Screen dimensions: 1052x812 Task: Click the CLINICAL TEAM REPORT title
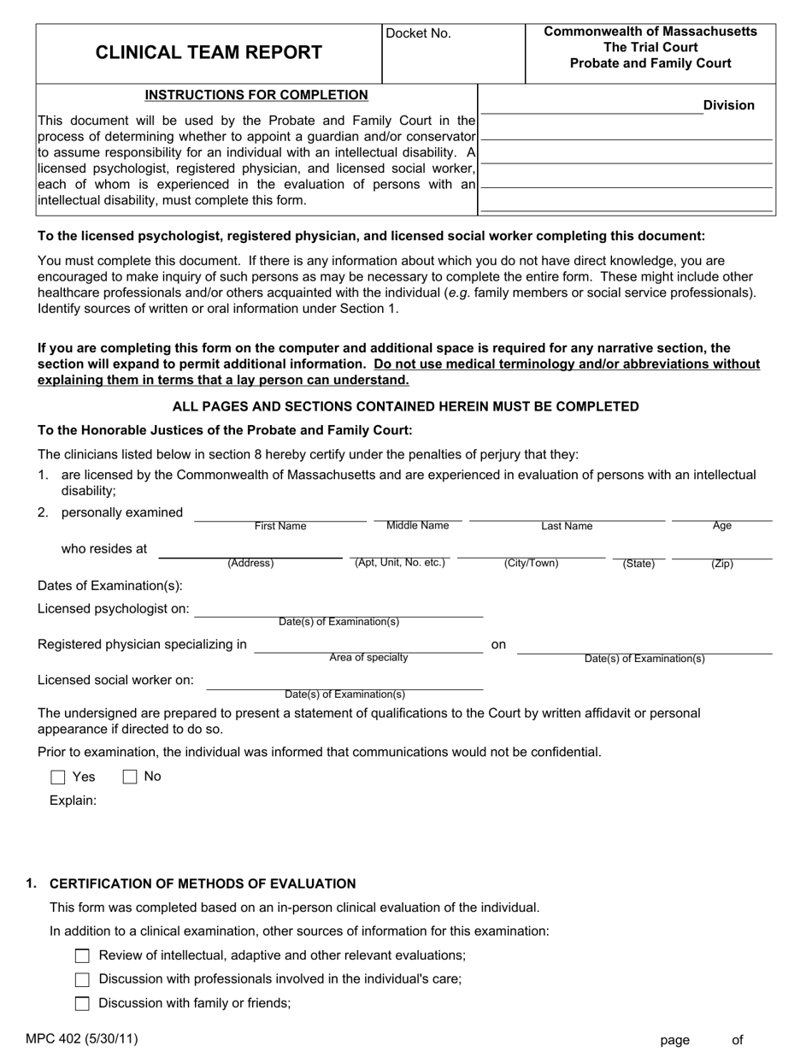point(209,53)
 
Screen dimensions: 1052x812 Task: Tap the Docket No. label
point(418,34)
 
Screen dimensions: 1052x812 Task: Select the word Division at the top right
point(728,105)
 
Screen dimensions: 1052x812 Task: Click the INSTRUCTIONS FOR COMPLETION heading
point(256,95)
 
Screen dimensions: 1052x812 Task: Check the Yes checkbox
point(58,777)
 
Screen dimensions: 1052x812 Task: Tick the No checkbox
point(130,777)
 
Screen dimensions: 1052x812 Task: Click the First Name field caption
point(279,527)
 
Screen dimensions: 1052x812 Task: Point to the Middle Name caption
point(417,525)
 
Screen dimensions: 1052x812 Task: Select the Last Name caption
point(567,527)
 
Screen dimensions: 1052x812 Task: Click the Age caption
point(721,526)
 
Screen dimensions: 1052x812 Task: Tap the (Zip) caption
point(721,564)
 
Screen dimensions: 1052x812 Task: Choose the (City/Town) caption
point(531,564)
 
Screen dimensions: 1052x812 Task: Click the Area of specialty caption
point(368,658)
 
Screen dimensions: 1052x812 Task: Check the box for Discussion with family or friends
point(82,1004)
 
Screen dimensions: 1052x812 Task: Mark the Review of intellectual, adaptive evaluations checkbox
point(82,956)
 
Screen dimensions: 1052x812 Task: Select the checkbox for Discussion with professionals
point(82,980)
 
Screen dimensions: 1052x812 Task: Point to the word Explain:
point(73,801)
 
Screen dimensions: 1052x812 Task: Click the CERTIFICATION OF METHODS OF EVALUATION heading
point(203,884)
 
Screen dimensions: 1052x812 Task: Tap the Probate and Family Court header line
point(650,63)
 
